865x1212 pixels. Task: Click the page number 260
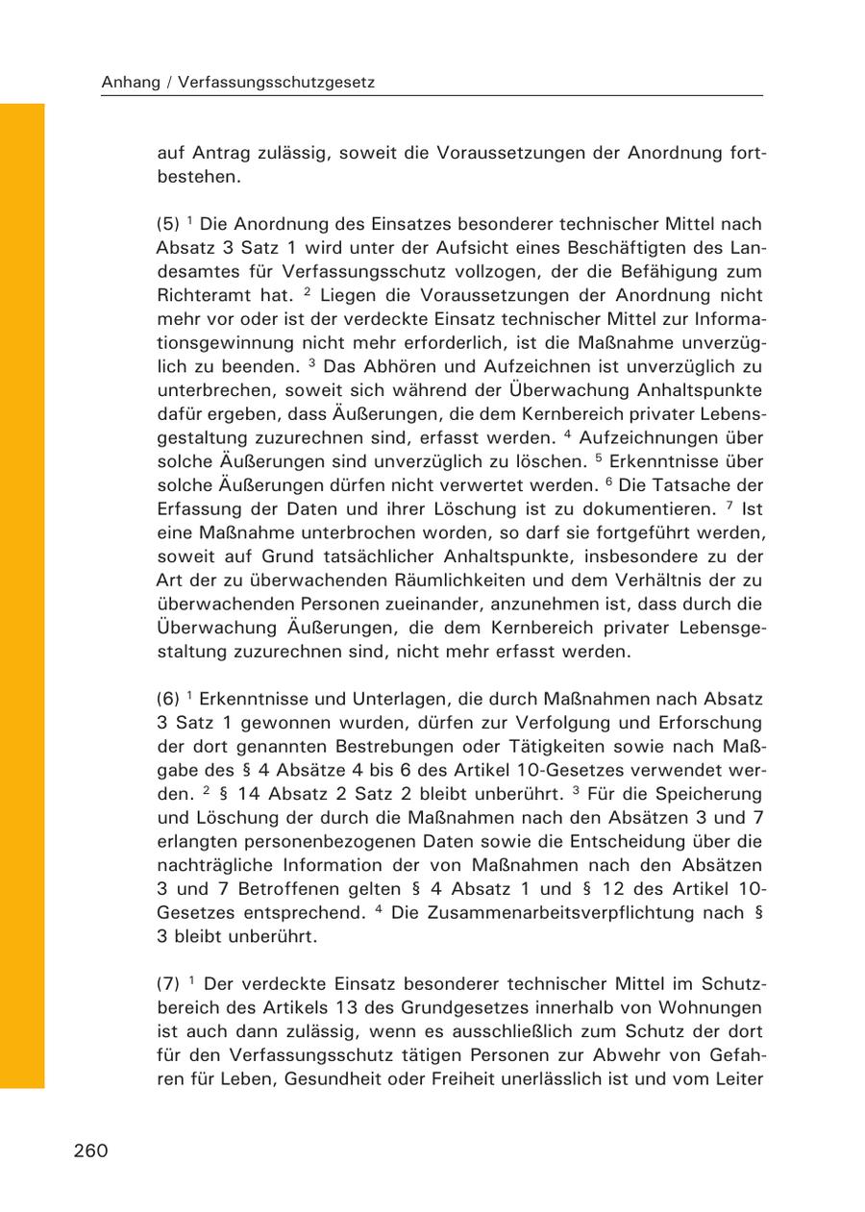click(x=90, y=1151)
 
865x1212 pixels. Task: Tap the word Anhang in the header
click(x=131, y=84)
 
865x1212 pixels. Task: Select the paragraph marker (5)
click(x=167, y=224)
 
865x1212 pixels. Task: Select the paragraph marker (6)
click(x=167, y=698)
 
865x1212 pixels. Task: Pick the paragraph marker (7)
click(x=167, y=984)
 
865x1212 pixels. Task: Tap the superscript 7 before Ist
click(x=729, y=504)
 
